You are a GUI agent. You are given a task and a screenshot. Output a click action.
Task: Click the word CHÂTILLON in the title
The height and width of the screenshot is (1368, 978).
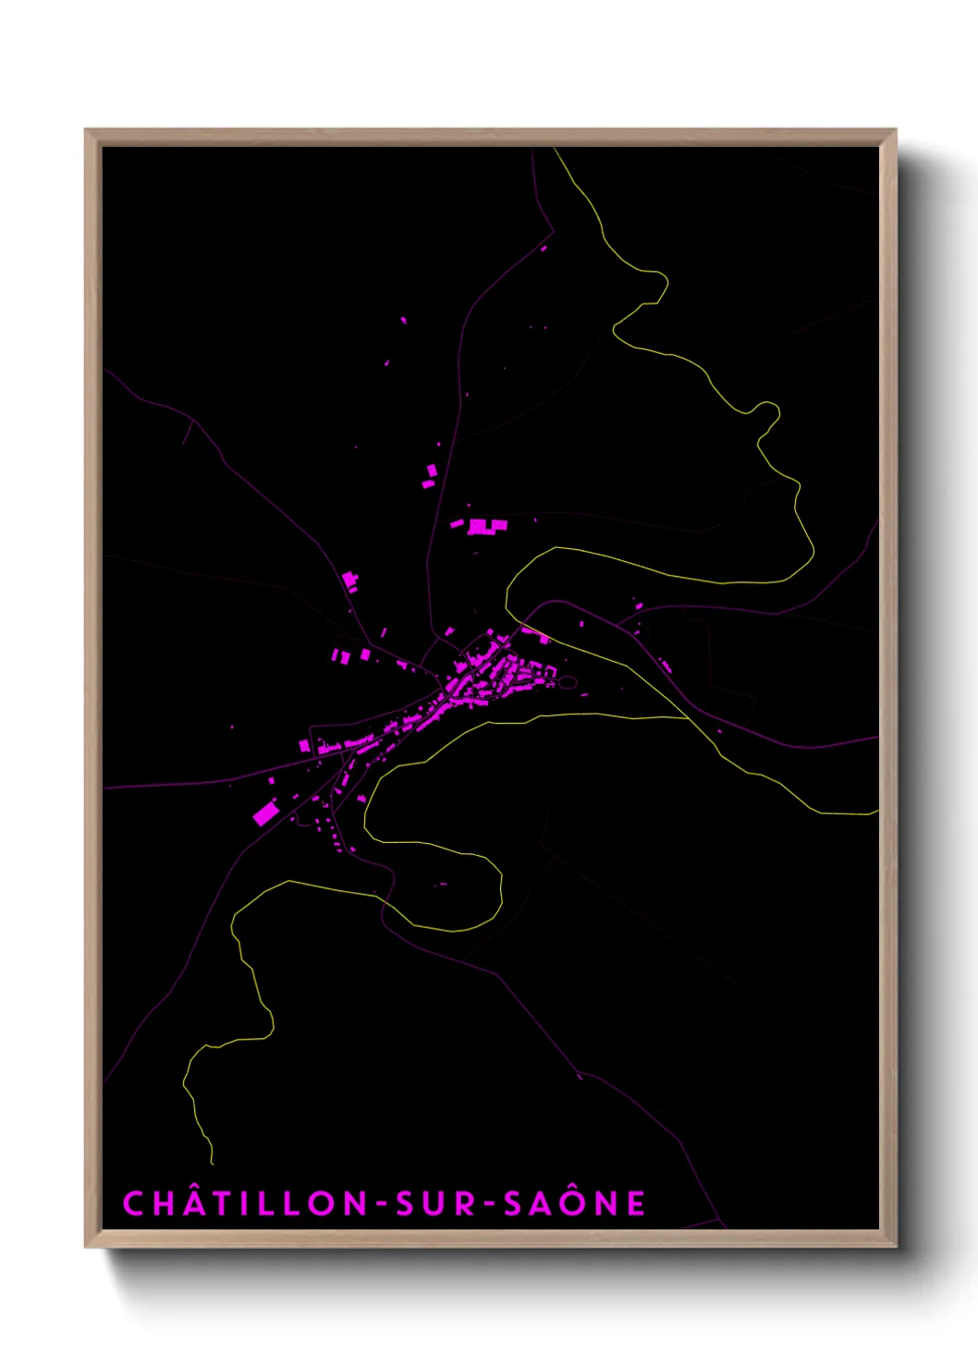[245, 1203]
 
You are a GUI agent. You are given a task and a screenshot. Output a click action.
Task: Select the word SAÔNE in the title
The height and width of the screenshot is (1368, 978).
[574, 1203]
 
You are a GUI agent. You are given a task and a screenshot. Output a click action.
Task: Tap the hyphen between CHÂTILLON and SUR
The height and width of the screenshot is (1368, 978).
[381, 1204]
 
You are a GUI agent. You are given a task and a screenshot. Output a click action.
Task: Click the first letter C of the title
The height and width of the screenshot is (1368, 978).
[133, 1203]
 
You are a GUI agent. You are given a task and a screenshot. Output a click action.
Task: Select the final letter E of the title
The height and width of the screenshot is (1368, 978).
[636, 1203]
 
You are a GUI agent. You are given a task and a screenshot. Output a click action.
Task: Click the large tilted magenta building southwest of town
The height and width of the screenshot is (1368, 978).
[266, 813]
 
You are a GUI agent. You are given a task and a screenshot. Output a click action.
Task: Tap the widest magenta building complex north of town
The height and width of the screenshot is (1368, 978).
[486, 527]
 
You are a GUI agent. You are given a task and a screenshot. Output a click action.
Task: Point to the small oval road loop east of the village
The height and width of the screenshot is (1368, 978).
[567, 683]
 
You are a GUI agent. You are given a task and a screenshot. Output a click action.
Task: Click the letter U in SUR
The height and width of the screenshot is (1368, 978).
[435, 1203]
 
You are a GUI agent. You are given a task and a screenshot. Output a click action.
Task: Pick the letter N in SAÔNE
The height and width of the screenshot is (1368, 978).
[605, 1203]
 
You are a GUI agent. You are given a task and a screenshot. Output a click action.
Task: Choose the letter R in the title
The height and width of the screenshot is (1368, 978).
[465, 1203]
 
